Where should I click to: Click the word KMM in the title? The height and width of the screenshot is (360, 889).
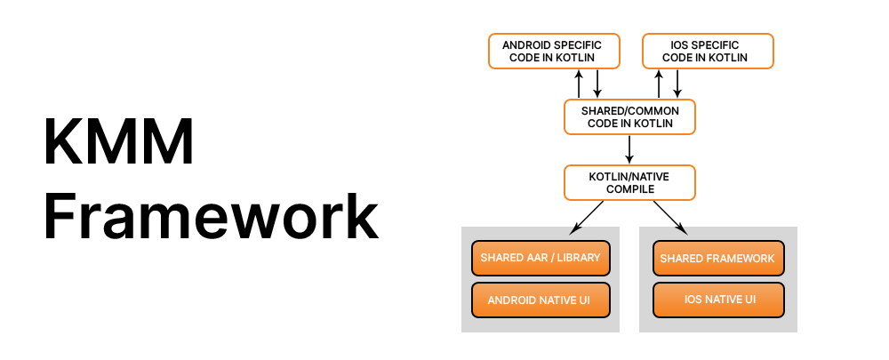point(119,143)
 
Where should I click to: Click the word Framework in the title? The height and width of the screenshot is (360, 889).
point(212,216)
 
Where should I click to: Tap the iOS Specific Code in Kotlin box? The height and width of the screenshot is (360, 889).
point(708,51)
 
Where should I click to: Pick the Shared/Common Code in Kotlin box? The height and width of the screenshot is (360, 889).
point(629,116)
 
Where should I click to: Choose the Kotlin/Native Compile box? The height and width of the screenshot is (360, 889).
point(629,182)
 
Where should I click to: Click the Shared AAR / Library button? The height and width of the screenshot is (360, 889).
point(541,258)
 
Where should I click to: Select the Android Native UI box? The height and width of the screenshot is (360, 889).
point(541,300)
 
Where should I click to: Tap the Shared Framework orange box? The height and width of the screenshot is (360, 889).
point(718,258)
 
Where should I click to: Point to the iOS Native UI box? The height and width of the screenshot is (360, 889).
point(718,300)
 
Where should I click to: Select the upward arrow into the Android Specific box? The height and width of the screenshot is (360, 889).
point(579,84)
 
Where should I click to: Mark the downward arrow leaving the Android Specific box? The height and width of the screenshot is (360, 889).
point(597,84)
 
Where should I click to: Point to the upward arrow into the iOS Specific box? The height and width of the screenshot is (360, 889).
point(659,84)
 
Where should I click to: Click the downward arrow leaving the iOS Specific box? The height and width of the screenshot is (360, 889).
point(677,84)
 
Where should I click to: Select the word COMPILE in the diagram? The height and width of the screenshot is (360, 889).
point(629,188)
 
